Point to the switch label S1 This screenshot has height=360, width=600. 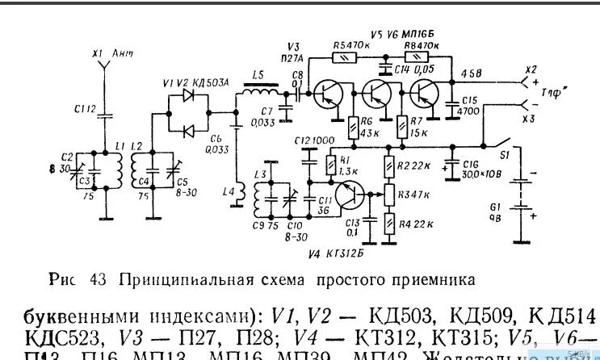pyautogui.click(x=501, y=153)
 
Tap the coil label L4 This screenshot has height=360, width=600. pyautogui.click(x=228, y=191)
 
